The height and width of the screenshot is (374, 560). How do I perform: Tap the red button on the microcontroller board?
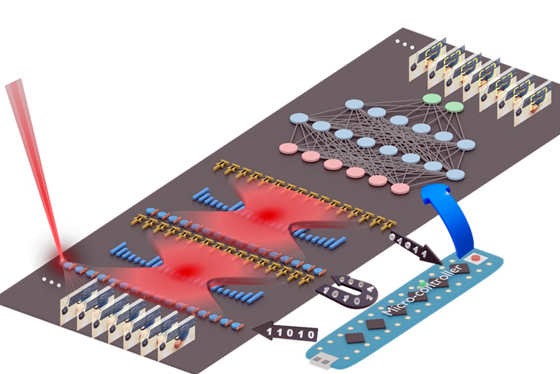click(x=480, y=258)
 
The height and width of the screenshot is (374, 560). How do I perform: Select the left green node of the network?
click(x=431, y=98)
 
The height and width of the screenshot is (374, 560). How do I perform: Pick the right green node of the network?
click(x=454, y=107)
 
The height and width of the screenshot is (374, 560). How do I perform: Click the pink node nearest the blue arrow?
click(x=400, y=188)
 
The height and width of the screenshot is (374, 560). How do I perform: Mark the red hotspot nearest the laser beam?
click(x=187, y=268)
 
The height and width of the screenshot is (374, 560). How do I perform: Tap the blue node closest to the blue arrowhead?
click(x=455, y=175)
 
